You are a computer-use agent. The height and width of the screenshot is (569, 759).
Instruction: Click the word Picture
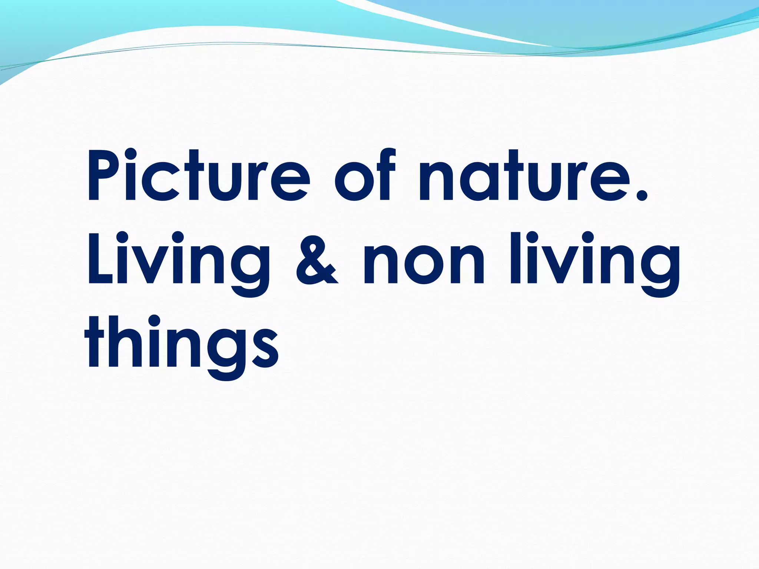[198, 176]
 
